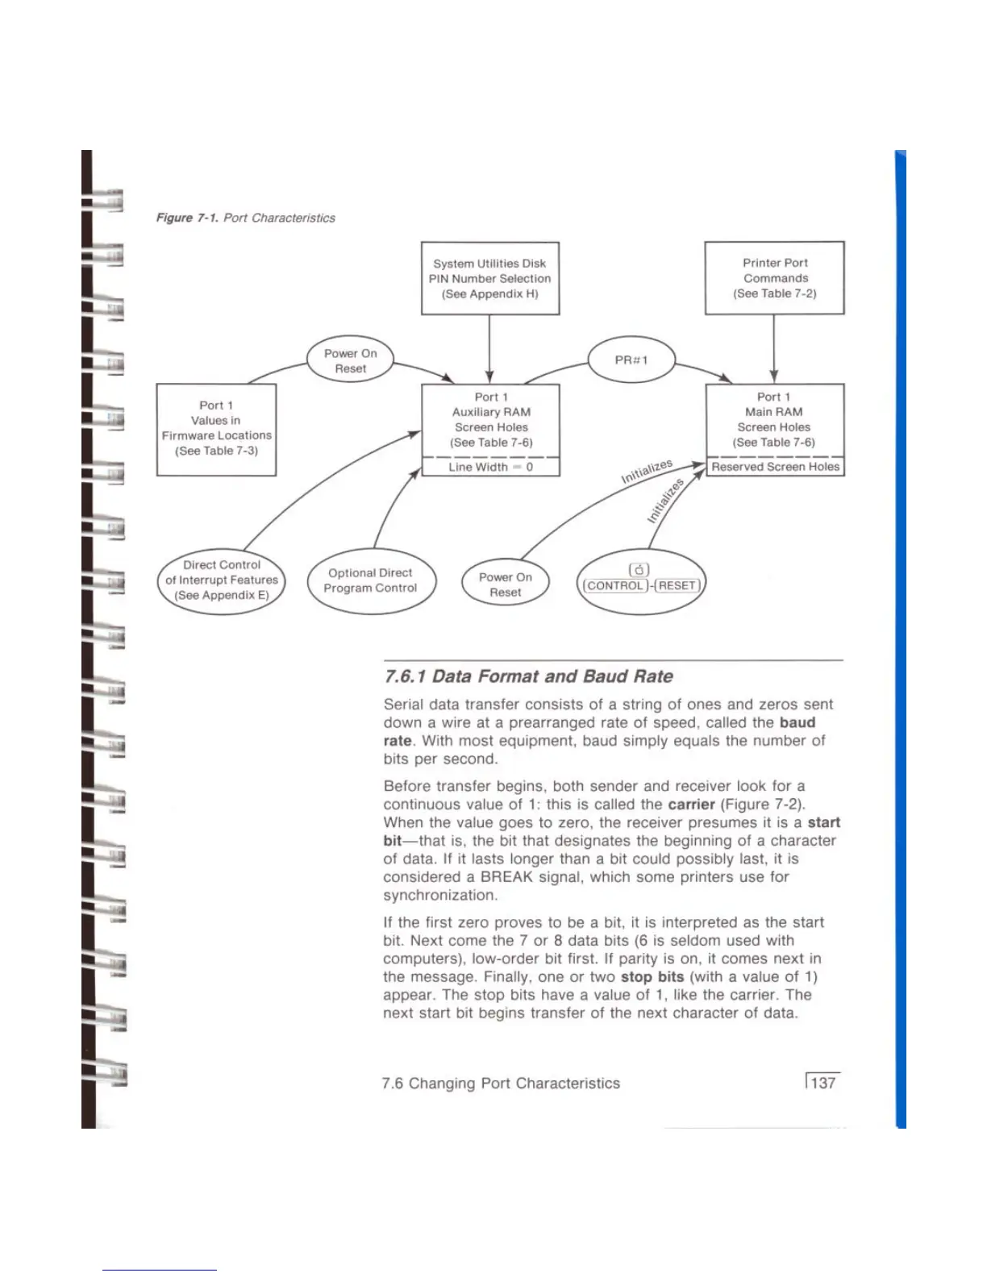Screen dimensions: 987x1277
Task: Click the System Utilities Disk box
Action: pos(490,278)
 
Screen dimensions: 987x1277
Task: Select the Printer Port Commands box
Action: pos(774,278)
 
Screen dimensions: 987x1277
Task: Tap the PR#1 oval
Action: pos(631,360)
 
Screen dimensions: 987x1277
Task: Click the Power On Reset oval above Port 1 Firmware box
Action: pos(351,360)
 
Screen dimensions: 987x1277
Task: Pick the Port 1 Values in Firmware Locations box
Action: pos(216,429)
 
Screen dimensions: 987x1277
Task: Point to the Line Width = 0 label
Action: pos(490,467)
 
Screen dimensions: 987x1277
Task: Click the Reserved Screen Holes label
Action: pos(775,467)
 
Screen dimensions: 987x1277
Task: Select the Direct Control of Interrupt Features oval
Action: pos(222,580)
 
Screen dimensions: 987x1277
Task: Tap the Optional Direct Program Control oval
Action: pos(371,580)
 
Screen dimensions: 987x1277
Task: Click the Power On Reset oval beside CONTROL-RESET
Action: pos(506,584)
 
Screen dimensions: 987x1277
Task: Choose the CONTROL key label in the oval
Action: pos(616,586)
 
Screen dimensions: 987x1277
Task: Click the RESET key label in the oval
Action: pos(677,586)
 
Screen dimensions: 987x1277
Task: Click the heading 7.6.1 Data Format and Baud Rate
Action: pos(528,676)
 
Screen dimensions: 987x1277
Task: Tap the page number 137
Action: pos(822,1083)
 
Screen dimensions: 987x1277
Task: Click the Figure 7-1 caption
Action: pos(245,218)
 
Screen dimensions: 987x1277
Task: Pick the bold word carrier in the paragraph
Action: pos(691,805)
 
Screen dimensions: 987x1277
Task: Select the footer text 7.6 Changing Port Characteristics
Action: pos(501,1084)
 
